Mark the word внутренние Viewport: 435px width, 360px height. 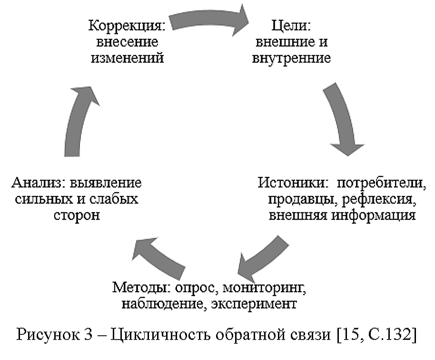point(292,58)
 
